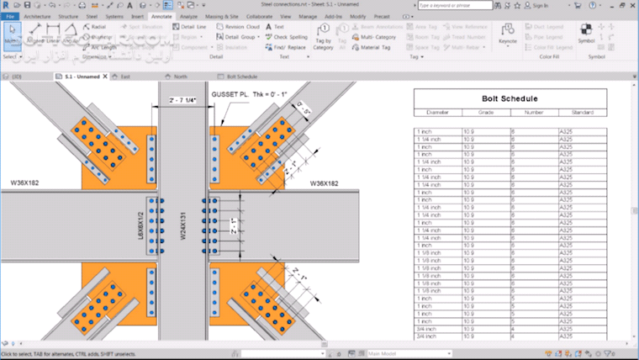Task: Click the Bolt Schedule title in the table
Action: click(510, 98)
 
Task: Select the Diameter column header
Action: click(437, 112)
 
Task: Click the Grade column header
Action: click(486, 112)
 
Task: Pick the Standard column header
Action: click(582, 112)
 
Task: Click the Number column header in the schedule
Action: click(534, 112)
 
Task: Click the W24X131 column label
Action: click(182, 225)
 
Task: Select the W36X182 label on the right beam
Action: click(324, 183)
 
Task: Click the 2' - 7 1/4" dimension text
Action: click(182, 100)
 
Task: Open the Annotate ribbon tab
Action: click(163, 16)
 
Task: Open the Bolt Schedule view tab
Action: click(241, 76)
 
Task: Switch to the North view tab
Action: click(179, 76)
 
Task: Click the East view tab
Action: click(124, 76)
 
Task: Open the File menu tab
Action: click(11, 16)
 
